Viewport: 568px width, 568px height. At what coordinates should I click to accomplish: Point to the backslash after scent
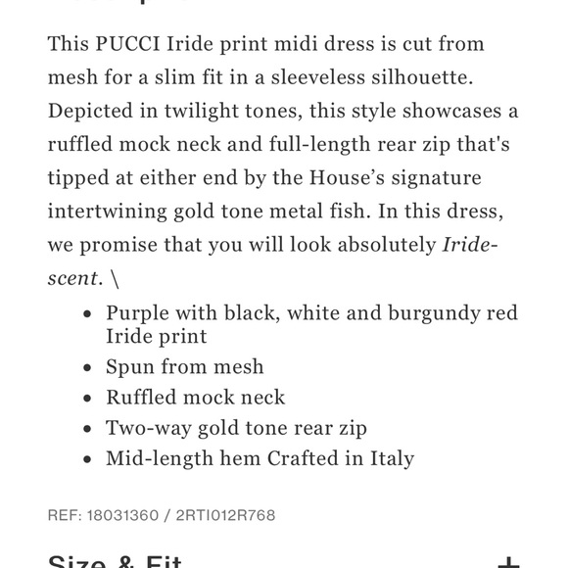(115, 277)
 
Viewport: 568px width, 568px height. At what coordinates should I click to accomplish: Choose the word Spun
(129, 366)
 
